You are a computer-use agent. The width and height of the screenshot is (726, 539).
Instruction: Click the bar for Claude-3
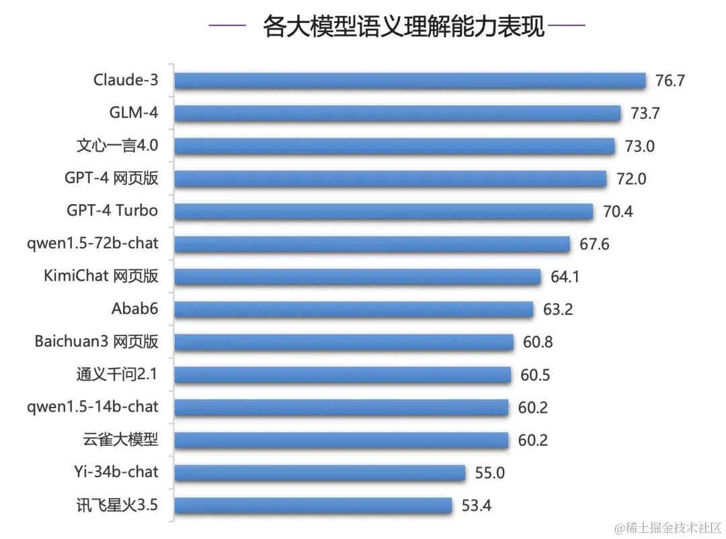(x=410, y=81)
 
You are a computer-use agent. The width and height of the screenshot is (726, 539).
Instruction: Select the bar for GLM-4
(x=397, y=113)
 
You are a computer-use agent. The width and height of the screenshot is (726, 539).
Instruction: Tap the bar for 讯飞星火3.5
(x=313, y=505)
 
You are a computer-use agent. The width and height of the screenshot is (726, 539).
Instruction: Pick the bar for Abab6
(x=354, y=309)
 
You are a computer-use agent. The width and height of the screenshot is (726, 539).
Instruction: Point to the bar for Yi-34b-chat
(x=320, y=473)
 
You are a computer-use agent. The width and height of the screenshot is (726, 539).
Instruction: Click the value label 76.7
(x=670, y=81)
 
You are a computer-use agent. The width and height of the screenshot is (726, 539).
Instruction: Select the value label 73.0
(x=639, y=146)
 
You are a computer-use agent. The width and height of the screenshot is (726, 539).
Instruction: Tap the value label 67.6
(x=594, y=244)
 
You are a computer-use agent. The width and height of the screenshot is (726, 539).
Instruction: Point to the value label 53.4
(x=476, y=505)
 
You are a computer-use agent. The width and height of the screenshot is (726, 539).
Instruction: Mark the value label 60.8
(x=538, y=342)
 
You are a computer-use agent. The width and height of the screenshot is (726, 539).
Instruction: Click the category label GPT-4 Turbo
(x=112, y=211)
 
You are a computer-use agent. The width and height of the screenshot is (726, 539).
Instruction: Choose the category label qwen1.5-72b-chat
(x=93, y=243)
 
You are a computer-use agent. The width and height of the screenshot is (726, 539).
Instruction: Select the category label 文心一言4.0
(x=117, y=146)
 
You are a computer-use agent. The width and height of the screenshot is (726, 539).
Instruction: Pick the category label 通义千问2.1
(x=117, y=374)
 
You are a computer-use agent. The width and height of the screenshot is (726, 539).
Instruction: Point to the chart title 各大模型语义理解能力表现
(x=403, y=28)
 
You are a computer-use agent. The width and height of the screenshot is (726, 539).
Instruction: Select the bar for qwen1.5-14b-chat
(x=341, y=407)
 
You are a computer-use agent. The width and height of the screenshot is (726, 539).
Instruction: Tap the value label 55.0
(x=489, y=473)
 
